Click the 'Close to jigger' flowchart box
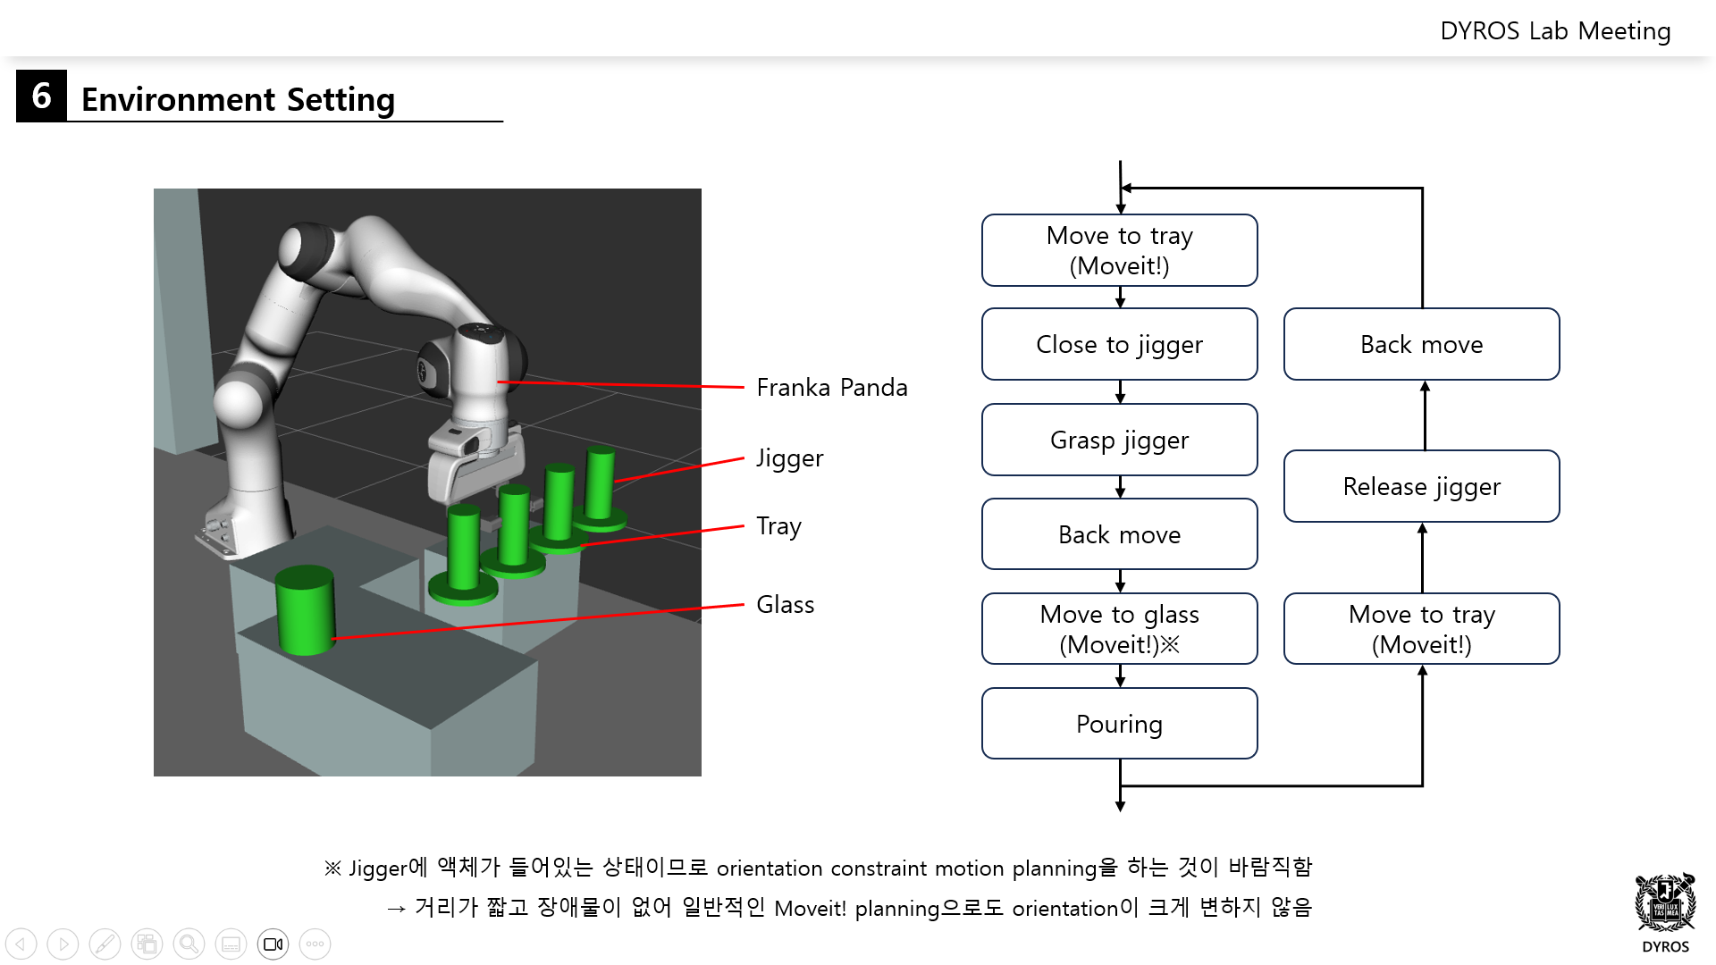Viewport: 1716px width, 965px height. point(1119,344)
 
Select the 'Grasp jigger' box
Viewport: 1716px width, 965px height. point(1119,440)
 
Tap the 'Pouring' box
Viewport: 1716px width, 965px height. point(1119,724)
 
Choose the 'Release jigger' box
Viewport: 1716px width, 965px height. point(1421,486)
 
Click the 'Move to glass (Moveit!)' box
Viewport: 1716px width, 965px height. point(1119,629)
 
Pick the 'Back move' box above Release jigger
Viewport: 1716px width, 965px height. point(1421,344)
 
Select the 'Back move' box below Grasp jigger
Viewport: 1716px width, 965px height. point(1119,534)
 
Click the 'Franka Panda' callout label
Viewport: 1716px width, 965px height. point(831,388)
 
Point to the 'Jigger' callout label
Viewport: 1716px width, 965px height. point(789,458)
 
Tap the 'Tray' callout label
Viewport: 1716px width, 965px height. point(778,526)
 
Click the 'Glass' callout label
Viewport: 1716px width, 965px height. point(785,605)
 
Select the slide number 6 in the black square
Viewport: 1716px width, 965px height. point(41,96)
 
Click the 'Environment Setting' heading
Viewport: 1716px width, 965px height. point(238,99)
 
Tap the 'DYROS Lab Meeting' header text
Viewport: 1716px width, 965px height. point(1554,31)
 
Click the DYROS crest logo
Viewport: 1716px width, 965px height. point(1664,903)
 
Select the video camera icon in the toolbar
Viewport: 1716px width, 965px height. point(273,944)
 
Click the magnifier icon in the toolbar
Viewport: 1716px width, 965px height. point(189,944)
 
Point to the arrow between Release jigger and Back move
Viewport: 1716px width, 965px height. point(1425,415)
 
